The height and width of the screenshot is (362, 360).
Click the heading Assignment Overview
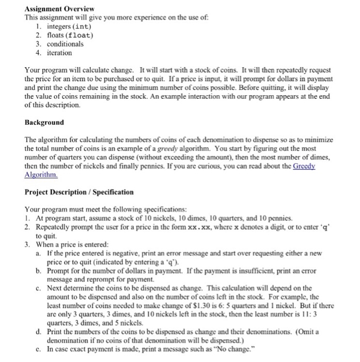point(59,9)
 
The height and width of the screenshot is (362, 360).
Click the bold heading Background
point(44,123)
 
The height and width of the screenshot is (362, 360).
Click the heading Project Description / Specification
point(79,192)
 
